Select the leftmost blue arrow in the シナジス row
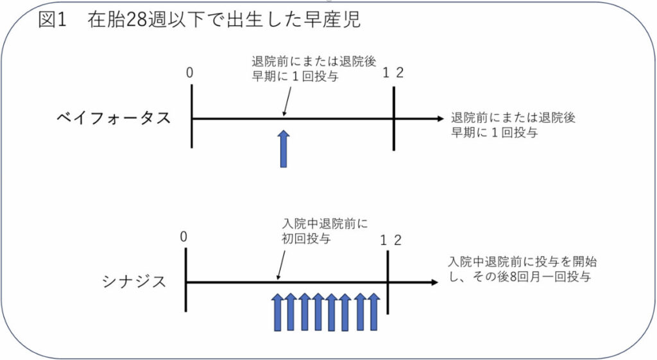tap(277, 313)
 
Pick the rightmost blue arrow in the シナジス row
tap(373, 313)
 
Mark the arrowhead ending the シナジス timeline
tap(434, 282)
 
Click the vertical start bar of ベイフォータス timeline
tap(192, 118)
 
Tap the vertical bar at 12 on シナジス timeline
tap(388, 282)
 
